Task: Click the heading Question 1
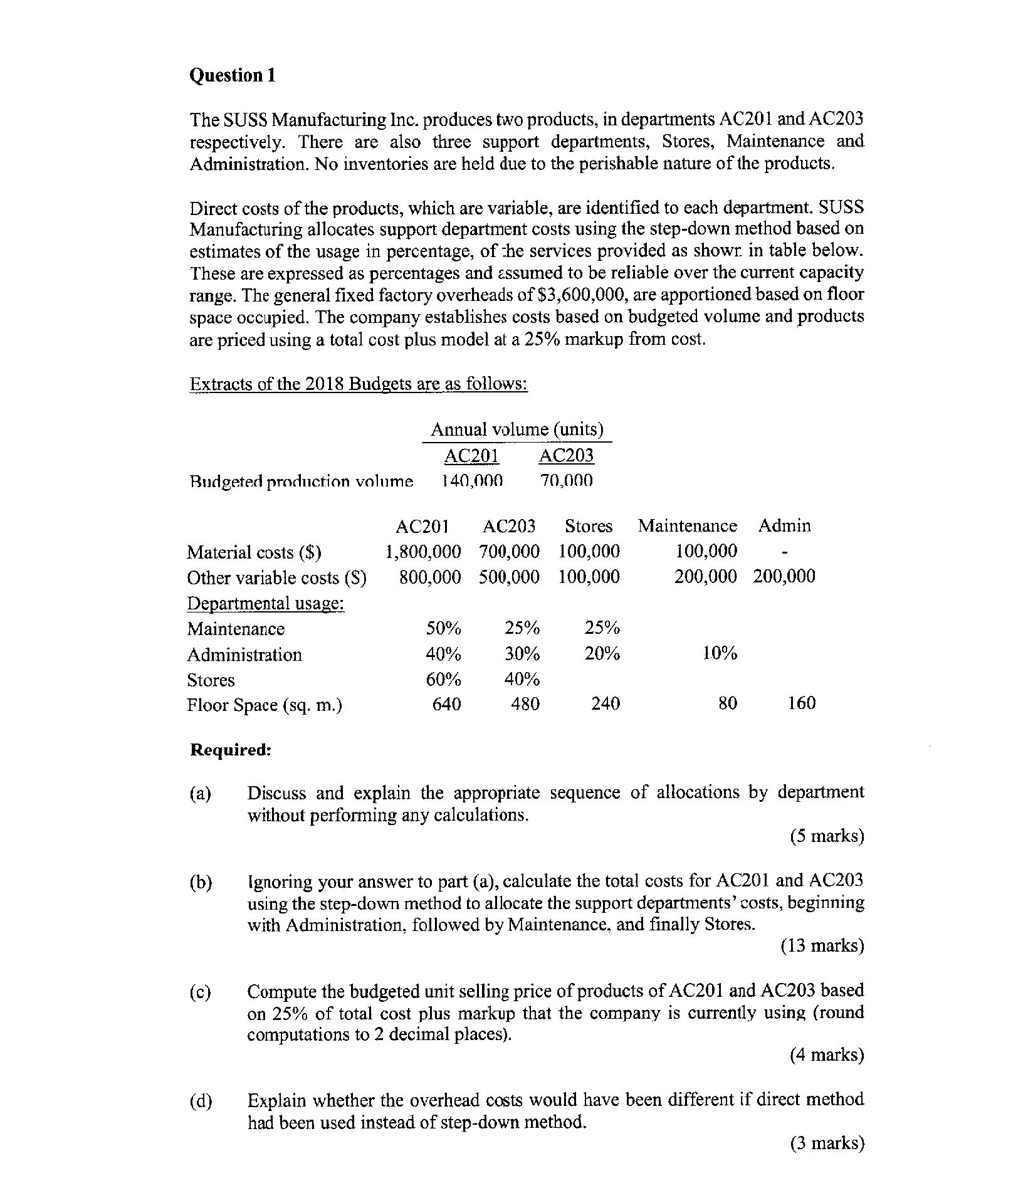(x=233, y=75)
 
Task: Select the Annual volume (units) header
(x=517, y=429)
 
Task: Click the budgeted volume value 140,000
(x=472, y=481)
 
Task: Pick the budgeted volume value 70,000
(x=566, y=481)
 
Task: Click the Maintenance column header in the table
(x=688, y=525)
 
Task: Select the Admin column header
(x=784, y=525)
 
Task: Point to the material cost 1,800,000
(x=423, y=552)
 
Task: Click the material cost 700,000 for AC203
(x=509, y=552)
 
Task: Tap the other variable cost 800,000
(x=430, y=577)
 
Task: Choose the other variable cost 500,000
(x=509, y=577)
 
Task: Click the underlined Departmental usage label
(x=266, y=603)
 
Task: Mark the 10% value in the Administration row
(x=719, y=654)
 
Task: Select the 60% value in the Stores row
(x=443, y=680)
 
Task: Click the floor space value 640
(x=447, y=704)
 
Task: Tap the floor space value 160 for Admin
(x=802, y=703)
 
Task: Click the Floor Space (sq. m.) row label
(x=265, y=705)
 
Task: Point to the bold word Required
(x=231, y=750)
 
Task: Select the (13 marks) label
(x=822, y=945)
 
